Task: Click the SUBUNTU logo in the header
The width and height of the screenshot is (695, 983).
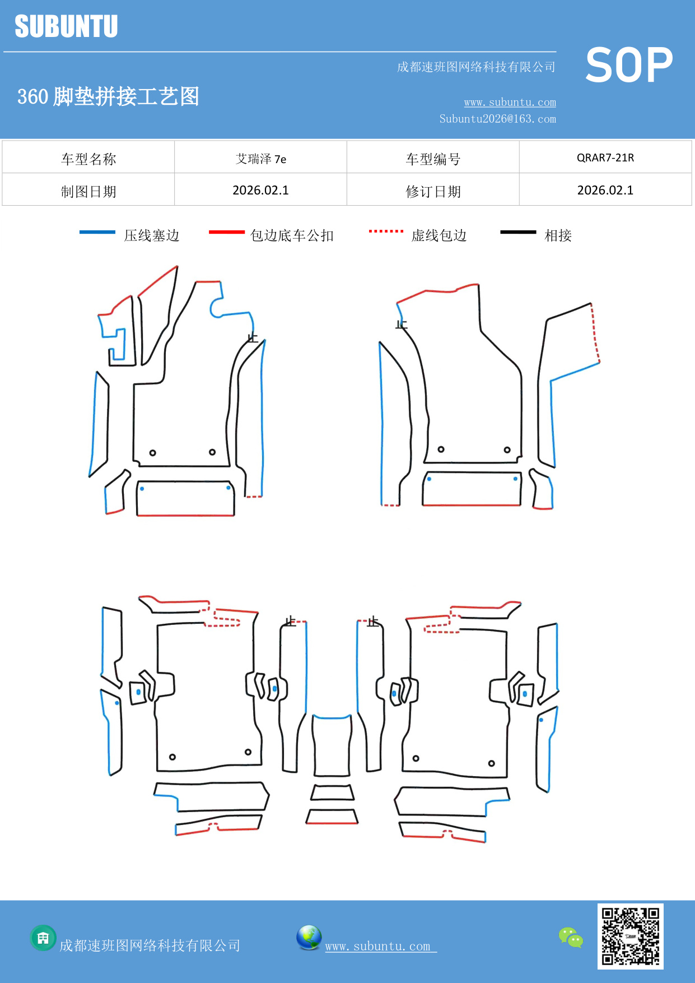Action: point(66,26)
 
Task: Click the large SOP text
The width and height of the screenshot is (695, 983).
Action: point(629,65)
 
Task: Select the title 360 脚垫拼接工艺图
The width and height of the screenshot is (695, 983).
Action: point(108,96)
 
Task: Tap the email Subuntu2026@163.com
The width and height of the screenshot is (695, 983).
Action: point(497,119)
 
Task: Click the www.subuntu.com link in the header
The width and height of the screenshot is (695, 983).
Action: point(510,103)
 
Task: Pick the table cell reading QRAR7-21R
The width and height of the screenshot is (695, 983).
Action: point(605,157)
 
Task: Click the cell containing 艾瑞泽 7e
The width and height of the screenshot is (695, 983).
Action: point(260,159)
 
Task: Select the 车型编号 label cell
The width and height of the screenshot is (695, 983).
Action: point(433,159)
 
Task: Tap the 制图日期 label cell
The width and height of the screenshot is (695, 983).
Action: point(88,191)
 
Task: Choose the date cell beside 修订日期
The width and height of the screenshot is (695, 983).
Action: point(605,191)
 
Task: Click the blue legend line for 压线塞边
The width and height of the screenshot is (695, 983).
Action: point(97,232)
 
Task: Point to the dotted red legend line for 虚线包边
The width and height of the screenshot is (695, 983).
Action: point(386,231)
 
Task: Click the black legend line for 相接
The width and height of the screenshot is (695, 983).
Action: point(518,232)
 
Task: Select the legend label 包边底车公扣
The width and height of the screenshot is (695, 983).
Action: point(292,235)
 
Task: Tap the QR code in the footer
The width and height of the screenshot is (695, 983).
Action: point(630,936)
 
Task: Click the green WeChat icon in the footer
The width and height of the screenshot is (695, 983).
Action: point(571,937)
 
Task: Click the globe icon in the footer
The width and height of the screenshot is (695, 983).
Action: point(309,937)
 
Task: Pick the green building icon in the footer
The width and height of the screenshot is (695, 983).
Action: point(43,938)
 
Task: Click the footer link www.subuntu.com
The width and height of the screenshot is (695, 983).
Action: point(378,946)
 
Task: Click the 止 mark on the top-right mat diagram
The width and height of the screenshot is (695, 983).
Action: point(402,324)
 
